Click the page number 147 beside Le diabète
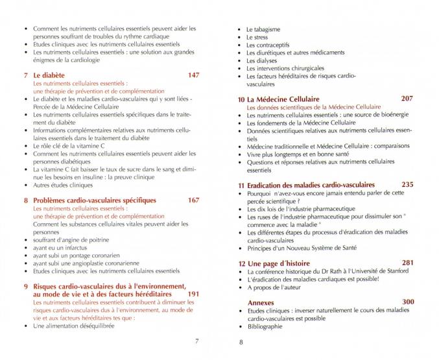click(x=193, y=75)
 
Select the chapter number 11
click(x=241, y=186)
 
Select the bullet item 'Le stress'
click(x=261, y=37)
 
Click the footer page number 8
click(x=241, y=342)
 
